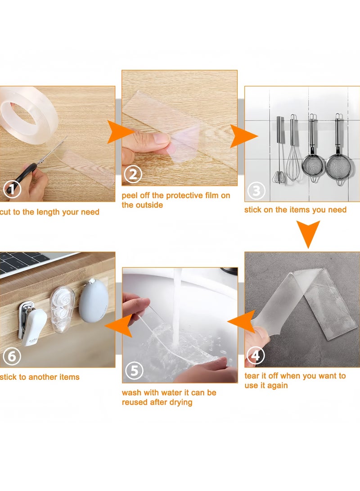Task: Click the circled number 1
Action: pos(12,189)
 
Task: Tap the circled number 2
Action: pos(133,175)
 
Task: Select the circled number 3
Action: pos(256,190)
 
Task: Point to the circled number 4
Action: pos(256,356)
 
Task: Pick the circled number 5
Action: pos(134,371)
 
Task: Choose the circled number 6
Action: pos(12,356)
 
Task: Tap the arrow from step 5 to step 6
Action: pos(119,325)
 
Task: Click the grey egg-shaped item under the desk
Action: pos(94,300)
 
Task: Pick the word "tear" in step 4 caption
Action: pos(252,376)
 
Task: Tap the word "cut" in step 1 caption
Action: pos(5,212)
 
